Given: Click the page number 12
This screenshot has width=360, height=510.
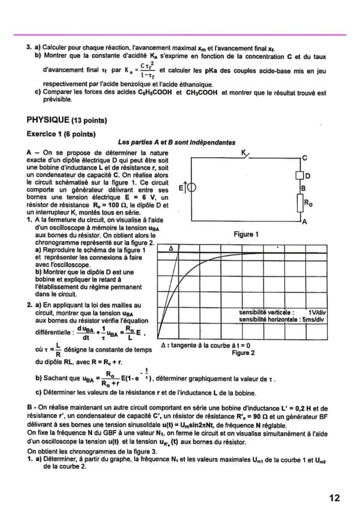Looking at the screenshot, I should tap(334, 497).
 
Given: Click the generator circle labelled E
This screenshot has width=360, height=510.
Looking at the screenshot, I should tap(191, 188).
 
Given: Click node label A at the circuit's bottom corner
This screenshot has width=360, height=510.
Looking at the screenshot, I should tap(305, 222).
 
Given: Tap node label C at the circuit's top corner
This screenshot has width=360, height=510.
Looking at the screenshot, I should tap(305, 158).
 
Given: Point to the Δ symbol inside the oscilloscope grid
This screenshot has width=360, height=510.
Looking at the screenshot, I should tap(172, 248).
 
